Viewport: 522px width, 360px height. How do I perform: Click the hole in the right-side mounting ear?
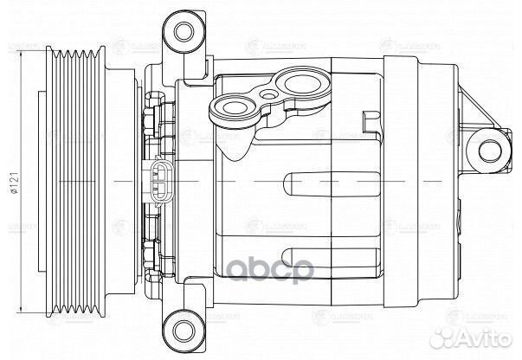click(493, 149)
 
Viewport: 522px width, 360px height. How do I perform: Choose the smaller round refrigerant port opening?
click(232, 109)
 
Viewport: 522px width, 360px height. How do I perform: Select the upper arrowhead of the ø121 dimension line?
click(23, 54)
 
